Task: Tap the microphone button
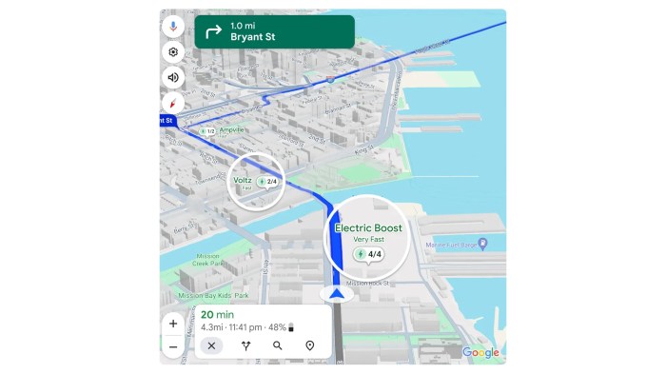(x=173, y=27)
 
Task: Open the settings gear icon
(x=173, y=52)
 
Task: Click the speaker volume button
(x=173, y=78)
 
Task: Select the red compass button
(x=173, y=104)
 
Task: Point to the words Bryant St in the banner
(x=253, y=38)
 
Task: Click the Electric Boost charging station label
(x=367, y=228)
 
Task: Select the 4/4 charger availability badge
(x=369, y=254)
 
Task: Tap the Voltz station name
(x=244, y=179)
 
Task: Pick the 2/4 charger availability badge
(x=267, y=181)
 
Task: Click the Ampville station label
(x=232, y=129)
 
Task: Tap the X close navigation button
(x=212, y=345)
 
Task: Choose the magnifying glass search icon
(x=277, y=345)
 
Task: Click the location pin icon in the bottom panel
(x=309, y=345)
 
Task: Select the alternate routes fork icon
(x=245, y=345)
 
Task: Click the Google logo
(x=480, y=352)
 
